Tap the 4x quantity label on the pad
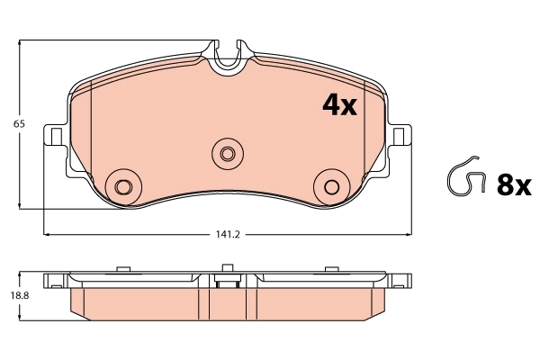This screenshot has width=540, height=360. (339, 106)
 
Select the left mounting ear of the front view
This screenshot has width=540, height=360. (56, 137)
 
